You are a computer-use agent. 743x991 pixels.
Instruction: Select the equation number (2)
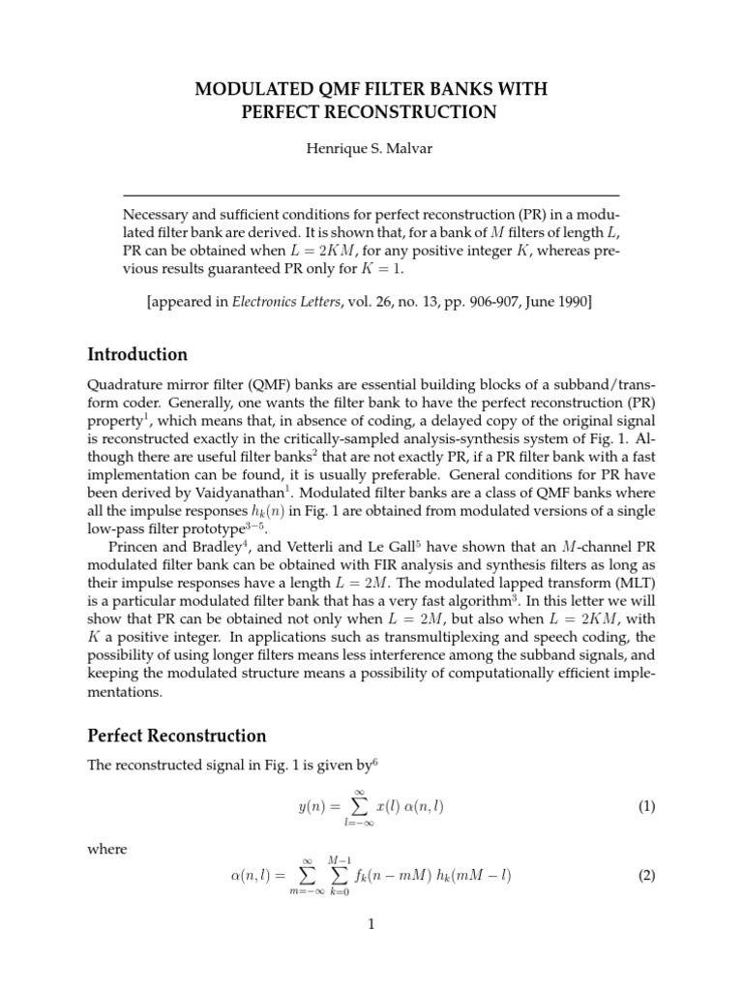pyautogui.click(x=645, y=877)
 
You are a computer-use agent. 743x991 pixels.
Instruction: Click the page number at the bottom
pyautogui.click(x=371, y=924)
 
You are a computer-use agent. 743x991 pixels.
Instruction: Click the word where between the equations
pyautogui.click(x=107, y=849)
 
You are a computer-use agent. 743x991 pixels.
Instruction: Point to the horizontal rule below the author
pyautogui.click(x=371, y=195)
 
